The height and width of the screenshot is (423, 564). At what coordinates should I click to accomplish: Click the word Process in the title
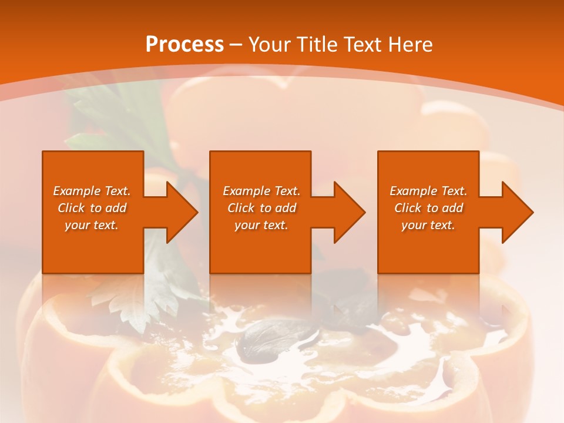click(184, 45)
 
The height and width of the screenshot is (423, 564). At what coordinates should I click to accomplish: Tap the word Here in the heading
click(410, 45)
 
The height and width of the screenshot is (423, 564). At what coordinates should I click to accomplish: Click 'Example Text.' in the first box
click(92, 191)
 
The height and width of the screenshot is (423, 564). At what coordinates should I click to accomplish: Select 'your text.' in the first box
click(92, 225)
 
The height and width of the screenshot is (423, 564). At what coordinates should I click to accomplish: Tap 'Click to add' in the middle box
click(261, 208)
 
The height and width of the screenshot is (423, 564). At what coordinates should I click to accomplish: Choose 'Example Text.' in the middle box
click(261, 191)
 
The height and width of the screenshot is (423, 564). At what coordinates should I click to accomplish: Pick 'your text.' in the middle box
click(261, 225)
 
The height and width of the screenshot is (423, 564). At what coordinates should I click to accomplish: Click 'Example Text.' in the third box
click(428, 191)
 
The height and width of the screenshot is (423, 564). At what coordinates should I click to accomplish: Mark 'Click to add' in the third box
click(428, 208)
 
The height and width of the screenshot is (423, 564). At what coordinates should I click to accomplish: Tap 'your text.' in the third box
click(428, 225)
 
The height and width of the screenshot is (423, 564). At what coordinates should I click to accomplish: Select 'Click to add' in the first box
click(92, 208)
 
